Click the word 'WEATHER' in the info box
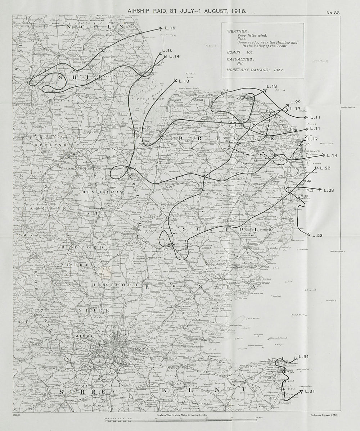(237, 31)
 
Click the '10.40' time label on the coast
(307, 181)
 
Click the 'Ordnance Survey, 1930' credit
(323, 415)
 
